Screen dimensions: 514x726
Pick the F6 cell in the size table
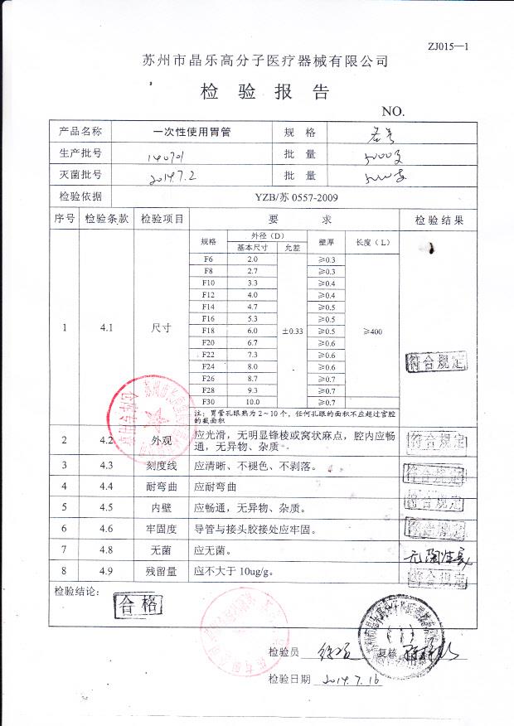tap(208, 260)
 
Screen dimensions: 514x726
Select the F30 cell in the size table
tap(208, 401)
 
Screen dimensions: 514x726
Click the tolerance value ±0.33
tap(293, 331)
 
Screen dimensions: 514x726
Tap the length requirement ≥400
tap(372, 331)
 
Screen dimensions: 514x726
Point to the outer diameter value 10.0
tap(252, 401)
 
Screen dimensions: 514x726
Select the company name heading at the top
tap(264, 61)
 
